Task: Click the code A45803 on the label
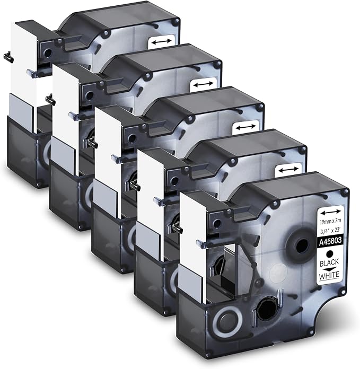[x=330, y=241]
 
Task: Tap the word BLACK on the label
[x=329, y=262]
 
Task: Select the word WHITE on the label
[x=329, y=275]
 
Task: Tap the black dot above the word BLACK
[x=330, y=253]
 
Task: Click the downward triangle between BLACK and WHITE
[x=329, y=269]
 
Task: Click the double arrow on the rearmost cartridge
[x=161, y=42]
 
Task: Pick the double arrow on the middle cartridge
[x=246, y=127]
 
